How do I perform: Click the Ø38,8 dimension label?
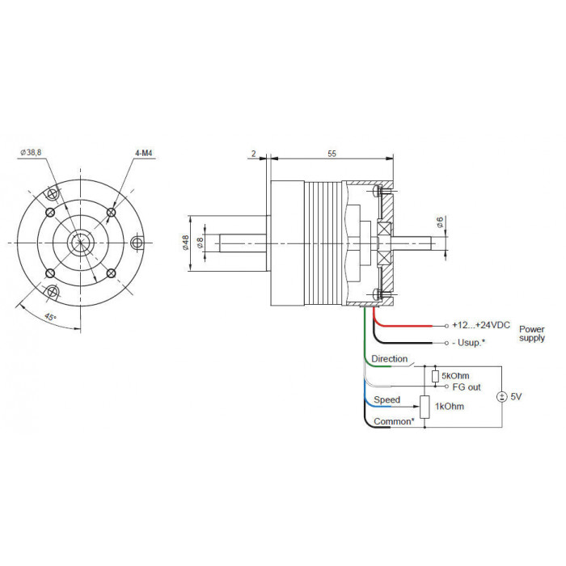tap(31, 152)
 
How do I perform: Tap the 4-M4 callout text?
tap(144, 153)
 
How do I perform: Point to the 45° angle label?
tap(50, 317)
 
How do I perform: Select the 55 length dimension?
tap(332, 154)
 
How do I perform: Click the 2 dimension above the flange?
tap(253, 154)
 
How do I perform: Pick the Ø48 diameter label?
tap(185, 243)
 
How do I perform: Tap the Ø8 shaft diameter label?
tap(200, 243)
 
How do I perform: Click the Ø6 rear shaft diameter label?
tap(440, 222)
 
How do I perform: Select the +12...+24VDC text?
tap(481, 325)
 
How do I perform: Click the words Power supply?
tap(532, 333)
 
